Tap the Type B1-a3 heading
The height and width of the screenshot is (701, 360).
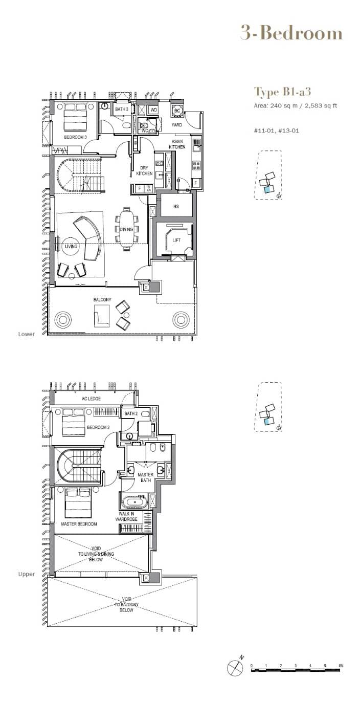(283, 92)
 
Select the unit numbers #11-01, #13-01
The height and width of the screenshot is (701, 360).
(277, 130)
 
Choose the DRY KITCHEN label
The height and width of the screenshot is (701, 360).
(145, 170)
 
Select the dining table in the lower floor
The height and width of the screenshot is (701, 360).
(127, 229)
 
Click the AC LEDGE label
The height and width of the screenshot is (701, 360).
(91, 399)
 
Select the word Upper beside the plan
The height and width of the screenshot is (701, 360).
(27, 574)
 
